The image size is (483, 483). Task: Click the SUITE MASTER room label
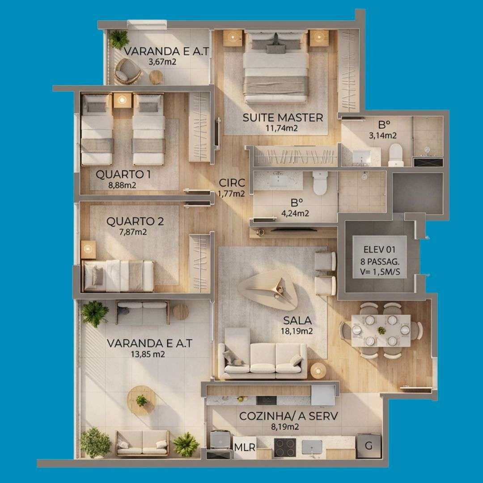(283, 118)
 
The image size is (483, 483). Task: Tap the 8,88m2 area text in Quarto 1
(122, 185)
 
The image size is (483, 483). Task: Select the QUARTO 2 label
(135, 221)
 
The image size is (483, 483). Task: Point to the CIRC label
(232, 182)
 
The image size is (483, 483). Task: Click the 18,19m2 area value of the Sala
(297, 331)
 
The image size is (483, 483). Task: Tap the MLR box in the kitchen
(245, 447)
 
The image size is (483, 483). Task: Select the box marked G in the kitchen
(369, 445)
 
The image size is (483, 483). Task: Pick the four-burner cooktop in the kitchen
(285, 448)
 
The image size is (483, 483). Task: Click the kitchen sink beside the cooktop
(312, 447)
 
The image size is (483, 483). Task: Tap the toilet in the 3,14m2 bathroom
(395, 155)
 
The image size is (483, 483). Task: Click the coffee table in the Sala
(268, 290)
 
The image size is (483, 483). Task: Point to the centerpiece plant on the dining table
(381, 330)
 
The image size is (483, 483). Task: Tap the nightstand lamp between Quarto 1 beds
(122, 100)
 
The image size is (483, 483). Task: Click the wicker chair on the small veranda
(127, 72)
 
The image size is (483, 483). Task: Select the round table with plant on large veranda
(142, 400)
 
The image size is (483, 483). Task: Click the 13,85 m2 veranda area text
(148, 354)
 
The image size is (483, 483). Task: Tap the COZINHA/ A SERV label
(288, 416)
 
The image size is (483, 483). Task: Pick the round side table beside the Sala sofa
(318, 370)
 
